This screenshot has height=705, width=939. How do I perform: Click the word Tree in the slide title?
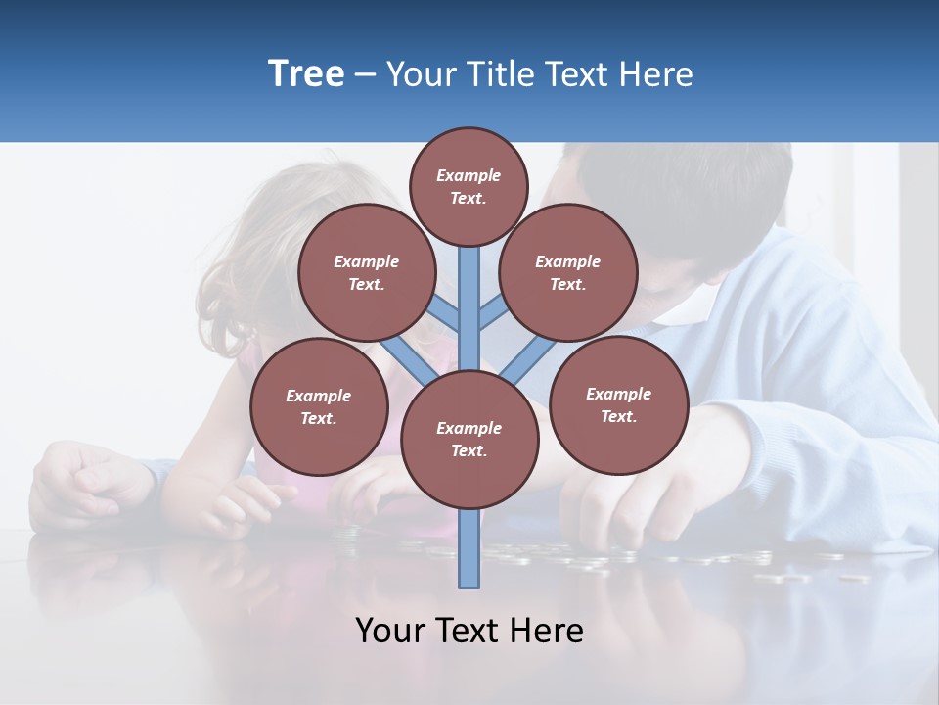[306, 74]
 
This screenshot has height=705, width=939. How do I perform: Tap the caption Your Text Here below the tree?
[469, 631]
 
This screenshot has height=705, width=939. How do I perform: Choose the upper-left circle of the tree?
[366, 273]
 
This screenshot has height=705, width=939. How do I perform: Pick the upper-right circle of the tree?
[567, 273]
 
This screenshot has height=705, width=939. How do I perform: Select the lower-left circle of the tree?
[319, 406]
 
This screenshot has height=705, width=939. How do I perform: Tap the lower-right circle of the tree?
[618, 404]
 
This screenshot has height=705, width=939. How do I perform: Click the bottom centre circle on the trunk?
[469, 440]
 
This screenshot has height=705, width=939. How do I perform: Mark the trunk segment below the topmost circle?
[469, 294]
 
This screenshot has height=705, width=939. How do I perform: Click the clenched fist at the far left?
[83, 480]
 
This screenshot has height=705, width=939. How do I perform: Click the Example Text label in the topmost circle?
[469, 186]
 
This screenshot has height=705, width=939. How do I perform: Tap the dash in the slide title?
[365, 75]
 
